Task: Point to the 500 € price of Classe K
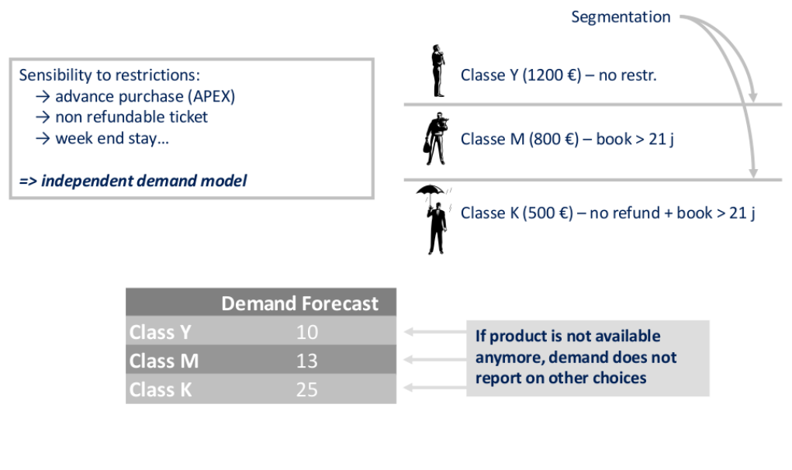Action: click(x=548, y=213)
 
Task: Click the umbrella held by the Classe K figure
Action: click(x=431, y=190)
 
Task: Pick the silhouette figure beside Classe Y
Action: click(x=438, y=71)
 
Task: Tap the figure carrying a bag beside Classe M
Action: click(x=435, y=139)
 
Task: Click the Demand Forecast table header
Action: click(x=299, y=303)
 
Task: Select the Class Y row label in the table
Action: click(x=160, y=332)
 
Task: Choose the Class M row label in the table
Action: click(x=164, y=361)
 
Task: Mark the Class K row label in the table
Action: click(x=161, y=390)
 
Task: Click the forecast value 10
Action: click(x=307, y=332)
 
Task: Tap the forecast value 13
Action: click(x=307, y=361)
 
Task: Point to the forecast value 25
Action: click(x=307, y=390)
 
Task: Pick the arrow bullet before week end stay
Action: click(x=43, y=138)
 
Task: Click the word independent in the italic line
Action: click(x=87, y=181)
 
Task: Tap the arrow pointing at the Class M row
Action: click(x=435, y=359)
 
